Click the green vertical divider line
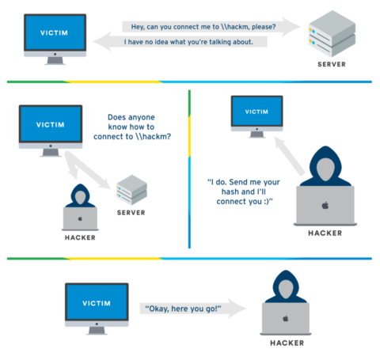pos(190,166)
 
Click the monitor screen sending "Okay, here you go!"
pos(96,301)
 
